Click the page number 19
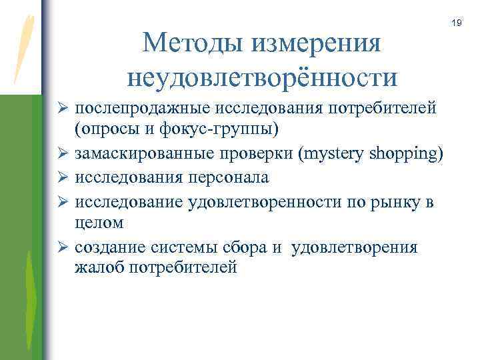457,23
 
